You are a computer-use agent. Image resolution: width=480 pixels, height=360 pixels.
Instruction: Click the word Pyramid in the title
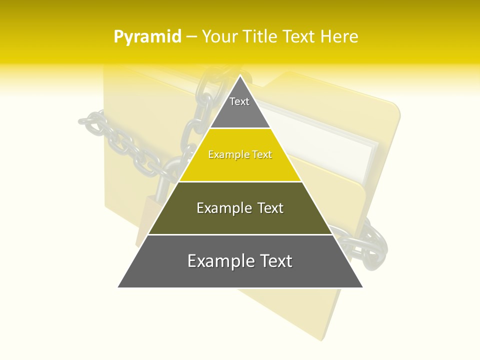[x=147, y=37]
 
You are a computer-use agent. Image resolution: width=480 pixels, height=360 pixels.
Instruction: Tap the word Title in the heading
[x=260, y=36]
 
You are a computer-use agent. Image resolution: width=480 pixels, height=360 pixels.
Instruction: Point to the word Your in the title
[x=220, y=36]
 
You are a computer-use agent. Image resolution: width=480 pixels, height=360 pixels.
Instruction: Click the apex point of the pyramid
[x=240, y=76]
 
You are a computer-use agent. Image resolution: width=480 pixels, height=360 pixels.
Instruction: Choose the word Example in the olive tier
[x=219, y=208]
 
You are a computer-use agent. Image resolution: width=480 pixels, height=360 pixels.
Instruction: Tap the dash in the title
[x=191, y=37]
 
